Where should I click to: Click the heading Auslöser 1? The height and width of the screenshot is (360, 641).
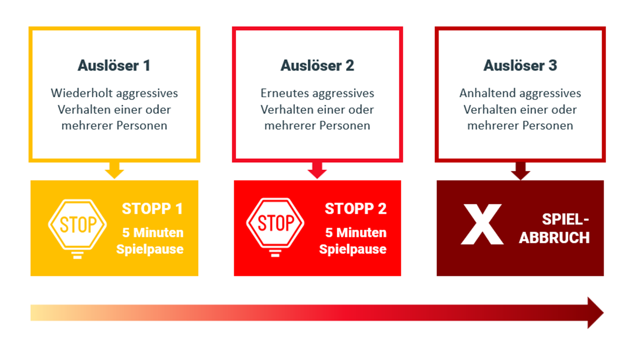(x=114, y=66)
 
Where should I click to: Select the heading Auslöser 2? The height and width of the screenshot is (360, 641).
(x=317, y=66)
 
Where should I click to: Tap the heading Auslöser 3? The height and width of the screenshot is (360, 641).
(x=520, y=66)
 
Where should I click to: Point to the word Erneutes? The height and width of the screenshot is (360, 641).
(x=285, y=93)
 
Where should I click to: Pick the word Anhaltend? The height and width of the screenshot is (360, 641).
(x=488, y=93)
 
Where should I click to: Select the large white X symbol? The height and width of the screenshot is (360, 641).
(x=482, y=224)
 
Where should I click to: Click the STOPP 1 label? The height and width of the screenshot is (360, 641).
(x=152, y=209)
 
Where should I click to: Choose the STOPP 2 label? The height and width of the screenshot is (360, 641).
(x=356, y=209)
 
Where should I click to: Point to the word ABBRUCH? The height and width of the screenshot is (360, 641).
(x=554, y=238)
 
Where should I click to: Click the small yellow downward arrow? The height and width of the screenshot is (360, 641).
(x=114, y=170)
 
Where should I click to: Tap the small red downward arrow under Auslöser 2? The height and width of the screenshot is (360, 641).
(x=317, y=170)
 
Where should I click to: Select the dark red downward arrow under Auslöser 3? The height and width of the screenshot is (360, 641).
(x=520, y=171)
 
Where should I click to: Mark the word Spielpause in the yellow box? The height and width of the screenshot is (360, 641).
(x=150, y=249)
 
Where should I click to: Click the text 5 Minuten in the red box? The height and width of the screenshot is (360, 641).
(x=356, y=233)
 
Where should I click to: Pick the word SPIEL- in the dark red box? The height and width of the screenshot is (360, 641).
(x=566, y=220)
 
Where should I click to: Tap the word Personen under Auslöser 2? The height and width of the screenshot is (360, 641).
(x=345, y=126)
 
